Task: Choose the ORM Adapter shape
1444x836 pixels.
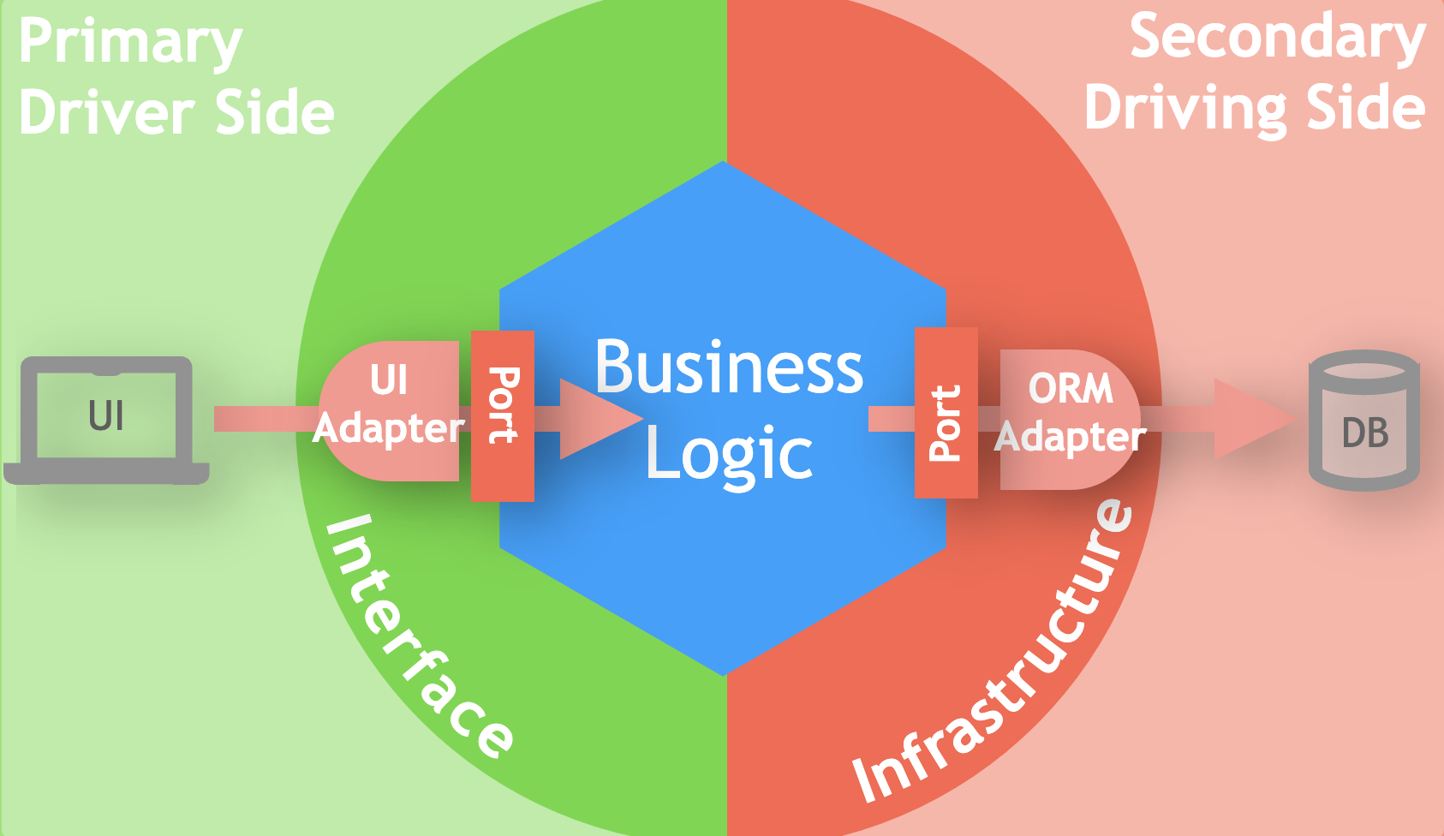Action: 1071,420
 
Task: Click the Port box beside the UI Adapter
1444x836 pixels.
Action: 503,415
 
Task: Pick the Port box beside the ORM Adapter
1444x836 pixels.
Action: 946,413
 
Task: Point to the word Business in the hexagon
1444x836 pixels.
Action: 729,367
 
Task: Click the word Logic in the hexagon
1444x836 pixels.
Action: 729,454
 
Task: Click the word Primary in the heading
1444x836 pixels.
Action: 130,43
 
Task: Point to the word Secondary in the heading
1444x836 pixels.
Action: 1277,38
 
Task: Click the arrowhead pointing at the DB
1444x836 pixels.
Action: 1255,419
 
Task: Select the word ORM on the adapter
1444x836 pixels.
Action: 1071,389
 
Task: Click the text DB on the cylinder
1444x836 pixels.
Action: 1365,433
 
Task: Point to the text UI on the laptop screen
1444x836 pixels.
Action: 106,416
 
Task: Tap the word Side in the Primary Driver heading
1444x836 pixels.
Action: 274,114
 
